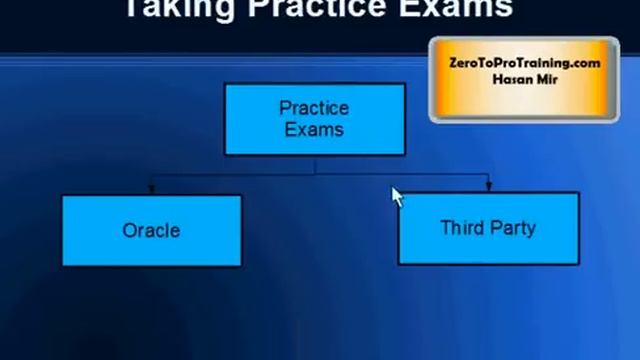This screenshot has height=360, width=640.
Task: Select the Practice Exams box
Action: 314,119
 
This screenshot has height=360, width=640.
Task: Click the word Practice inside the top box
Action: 314,108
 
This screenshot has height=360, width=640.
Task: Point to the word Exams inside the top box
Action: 314,129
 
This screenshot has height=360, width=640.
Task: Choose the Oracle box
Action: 151,230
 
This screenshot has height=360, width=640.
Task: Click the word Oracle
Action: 151,230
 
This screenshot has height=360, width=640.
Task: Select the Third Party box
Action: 488,229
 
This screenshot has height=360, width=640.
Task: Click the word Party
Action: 513,228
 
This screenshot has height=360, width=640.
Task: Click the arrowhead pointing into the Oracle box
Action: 151,189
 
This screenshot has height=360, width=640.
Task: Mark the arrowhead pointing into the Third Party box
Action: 488,187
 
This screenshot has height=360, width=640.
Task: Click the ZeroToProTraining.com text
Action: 524,62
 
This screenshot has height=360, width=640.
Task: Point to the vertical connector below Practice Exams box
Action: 314,165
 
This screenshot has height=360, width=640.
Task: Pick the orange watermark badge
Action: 524,79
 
